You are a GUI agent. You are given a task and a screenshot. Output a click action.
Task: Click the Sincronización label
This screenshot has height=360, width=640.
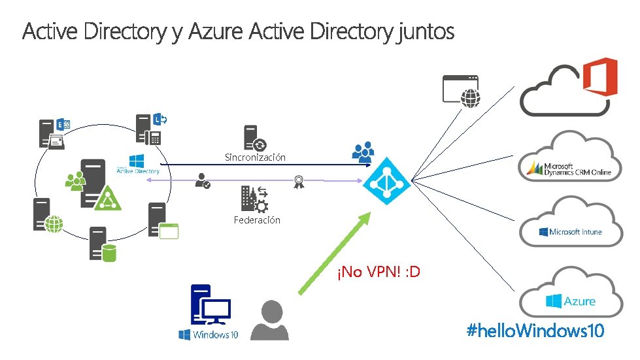coord(255,157)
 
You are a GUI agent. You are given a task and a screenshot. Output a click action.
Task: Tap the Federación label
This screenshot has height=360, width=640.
coord(257,220)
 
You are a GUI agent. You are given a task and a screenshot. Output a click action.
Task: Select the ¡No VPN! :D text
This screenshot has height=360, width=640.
coord(379,271)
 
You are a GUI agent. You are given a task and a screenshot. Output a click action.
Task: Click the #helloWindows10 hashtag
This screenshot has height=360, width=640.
coord(535,331)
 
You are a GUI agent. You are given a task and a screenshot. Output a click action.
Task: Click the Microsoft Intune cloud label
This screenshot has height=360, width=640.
coord(571,232)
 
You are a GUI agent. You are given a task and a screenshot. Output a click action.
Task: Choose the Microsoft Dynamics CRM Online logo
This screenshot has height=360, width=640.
coord(569,169)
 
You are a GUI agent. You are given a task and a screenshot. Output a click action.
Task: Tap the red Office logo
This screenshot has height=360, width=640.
coord(599,77)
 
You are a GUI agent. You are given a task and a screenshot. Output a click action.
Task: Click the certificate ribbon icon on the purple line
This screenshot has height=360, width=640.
coord(299,181)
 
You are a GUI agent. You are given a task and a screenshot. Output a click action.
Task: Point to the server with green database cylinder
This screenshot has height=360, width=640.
coord(102,244)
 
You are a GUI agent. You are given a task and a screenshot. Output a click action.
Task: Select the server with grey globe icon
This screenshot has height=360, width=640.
coord(48,215)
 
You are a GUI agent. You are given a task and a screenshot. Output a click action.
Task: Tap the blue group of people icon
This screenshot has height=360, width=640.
coord(363,152)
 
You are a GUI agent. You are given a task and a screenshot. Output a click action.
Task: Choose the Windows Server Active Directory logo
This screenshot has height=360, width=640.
coord(138,165)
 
